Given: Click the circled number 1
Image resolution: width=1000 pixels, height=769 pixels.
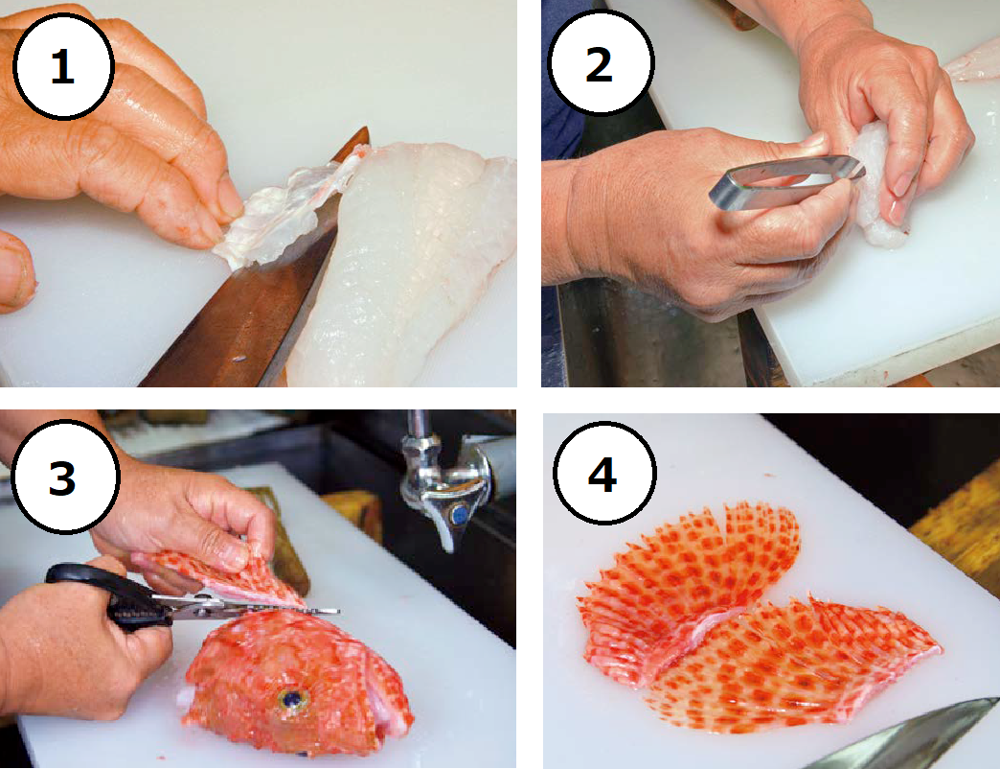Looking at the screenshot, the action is coord(62,66).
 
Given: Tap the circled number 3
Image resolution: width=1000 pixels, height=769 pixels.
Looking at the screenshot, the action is coord(64,477).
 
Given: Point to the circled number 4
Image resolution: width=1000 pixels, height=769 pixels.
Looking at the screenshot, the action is coord(603,473).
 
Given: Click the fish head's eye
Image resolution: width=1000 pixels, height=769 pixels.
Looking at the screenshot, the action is coord(292,699).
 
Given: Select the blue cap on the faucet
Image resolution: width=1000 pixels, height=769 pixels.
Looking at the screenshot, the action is coord(459,514).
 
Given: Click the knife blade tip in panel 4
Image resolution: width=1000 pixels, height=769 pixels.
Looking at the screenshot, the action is coord(995,700).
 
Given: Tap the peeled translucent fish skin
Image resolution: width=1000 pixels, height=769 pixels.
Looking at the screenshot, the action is coord(281,211).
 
